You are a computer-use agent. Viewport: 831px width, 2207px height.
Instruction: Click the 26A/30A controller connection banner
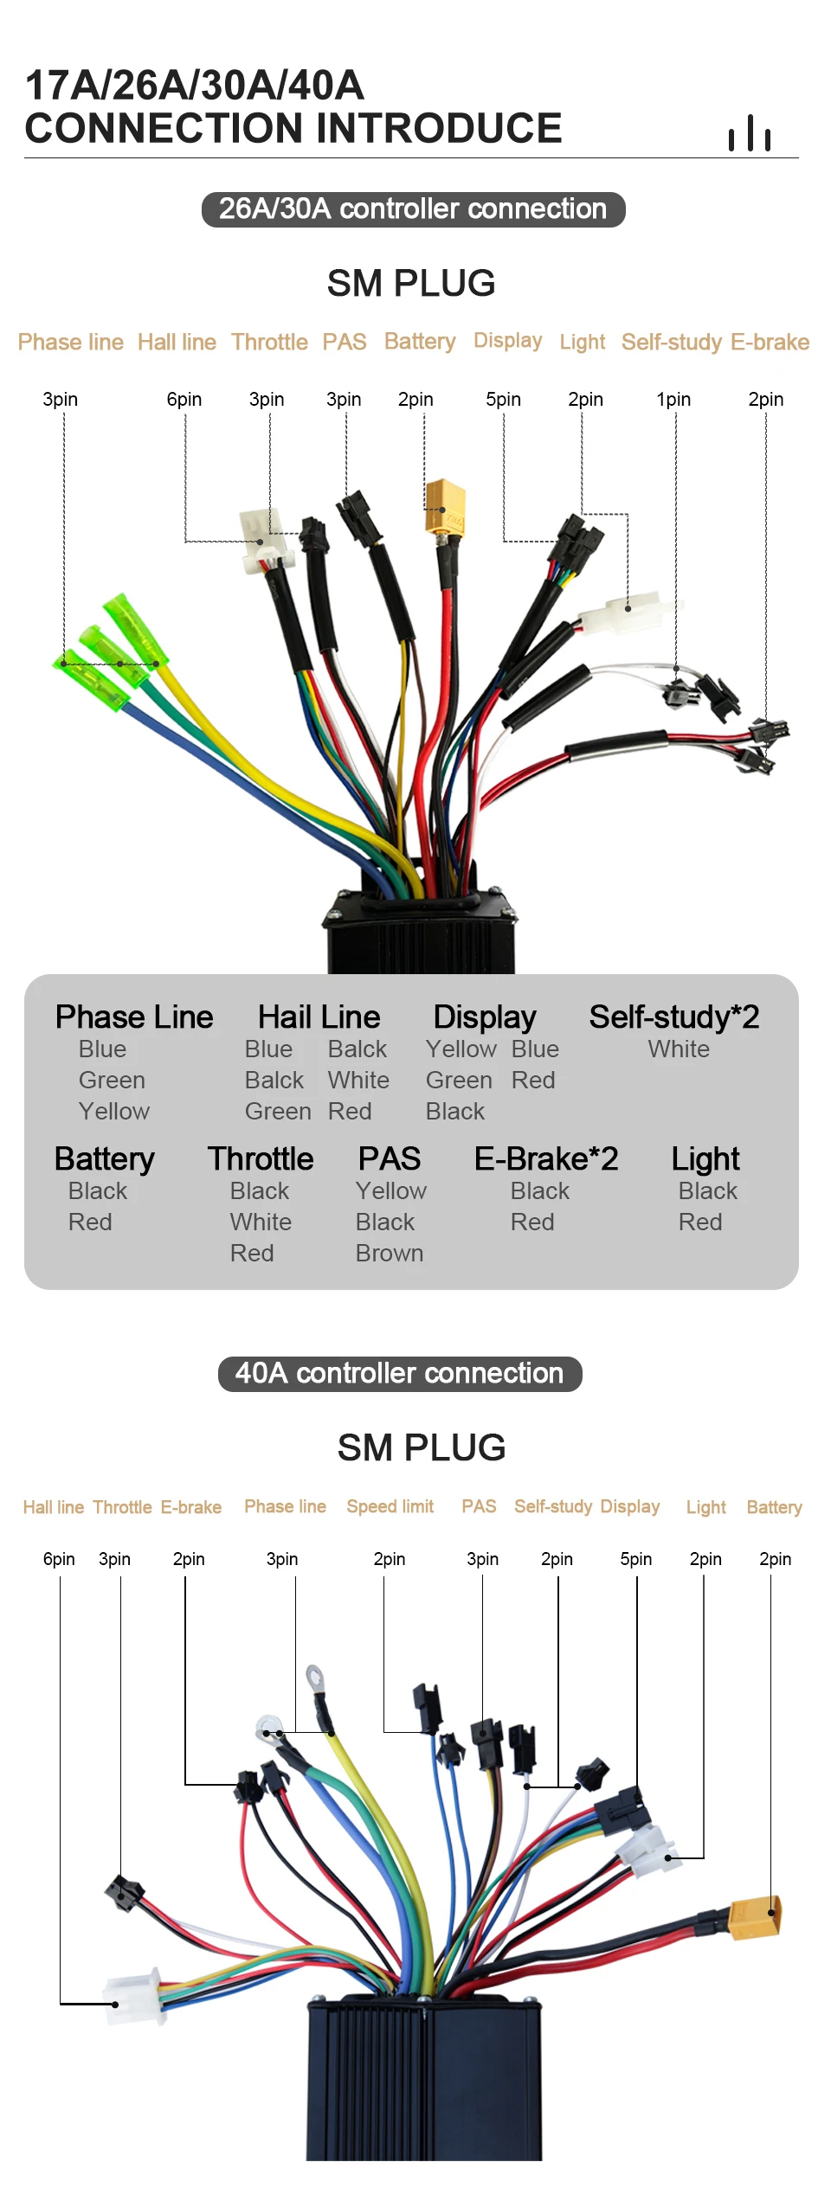point(413,209)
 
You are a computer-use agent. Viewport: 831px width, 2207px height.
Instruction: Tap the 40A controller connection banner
point(399,1373)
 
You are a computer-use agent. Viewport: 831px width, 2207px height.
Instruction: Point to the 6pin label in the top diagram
point(184,399)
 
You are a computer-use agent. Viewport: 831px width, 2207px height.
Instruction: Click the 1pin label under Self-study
point(673,399)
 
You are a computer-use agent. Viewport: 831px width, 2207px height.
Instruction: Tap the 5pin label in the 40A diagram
point(635,1558)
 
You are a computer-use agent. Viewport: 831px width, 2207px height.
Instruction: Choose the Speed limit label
point(390,1506)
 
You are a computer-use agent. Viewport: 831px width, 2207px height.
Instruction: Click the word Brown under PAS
point(389,1253)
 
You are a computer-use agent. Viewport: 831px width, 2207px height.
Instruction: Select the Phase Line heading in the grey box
point(134,1017)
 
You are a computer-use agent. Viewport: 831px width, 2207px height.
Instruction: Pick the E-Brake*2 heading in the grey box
point(546,1158)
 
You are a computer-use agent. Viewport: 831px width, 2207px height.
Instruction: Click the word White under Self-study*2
point(679,1049)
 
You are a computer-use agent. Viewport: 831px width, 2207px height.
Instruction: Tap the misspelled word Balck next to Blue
point(357,1049)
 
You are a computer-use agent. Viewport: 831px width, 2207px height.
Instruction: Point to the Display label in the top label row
point(507,340)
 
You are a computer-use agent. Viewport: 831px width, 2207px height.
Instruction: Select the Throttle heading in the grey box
point(261,1158)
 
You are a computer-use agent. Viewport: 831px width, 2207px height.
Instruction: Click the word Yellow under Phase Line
point(113,1111)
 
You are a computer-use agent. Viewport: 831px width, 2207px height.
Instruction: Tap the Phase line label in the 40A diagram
point(285,1506)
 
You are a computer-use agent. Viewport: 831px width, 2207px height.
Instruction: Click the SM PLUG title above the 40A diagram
point(422,1447)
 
